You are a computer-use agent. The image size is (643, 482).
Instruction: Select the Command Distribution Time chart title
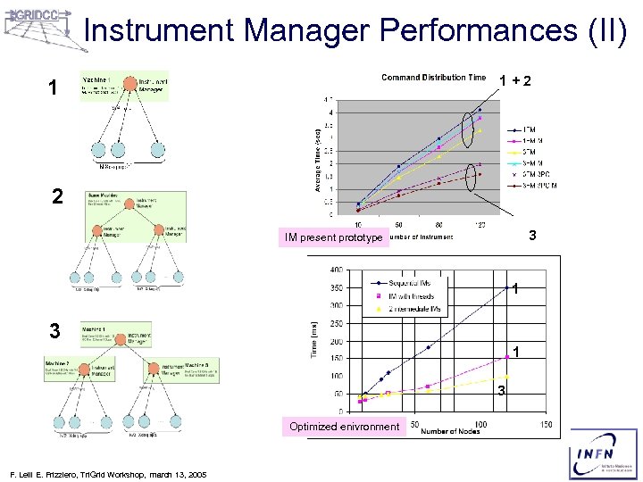433,78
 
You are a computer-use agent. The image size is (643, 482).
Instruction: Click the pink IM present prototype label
333,237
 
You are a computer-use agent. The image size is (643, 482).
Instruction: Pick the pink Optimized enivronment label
344,427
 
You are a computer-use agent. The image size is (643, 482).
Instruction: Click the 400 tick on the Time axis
336,270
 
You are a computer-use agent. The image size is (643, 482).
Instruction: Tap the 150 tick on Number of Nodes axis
546,424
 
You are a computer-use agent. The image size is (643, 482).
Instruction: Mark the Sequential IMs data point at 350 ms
506,287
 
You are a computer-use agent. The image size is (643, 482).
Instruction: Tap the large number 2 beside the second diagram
56,197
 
